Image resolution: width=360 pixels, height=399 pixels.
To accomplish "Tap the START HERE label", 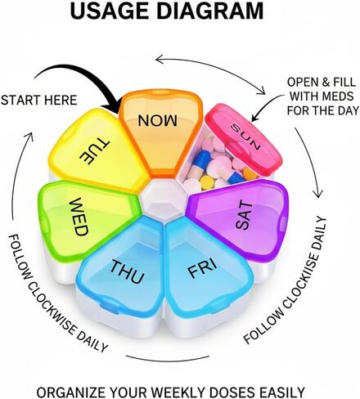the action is [38, 100].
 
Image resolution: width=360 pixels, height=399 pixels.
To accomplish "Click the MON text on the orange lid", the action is [157, 120].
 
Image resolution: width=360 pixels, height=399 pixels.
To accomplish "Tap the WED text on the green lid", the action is [79, 217].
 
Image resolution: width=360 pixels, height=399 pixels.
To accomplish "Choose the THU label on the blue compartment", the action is [127, 271].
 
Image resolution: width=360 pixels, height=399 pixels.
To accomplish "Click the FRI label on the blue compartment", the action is [203, 269].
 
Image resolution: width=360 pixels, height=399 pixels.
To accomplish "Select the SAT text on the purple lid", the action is [244, 216].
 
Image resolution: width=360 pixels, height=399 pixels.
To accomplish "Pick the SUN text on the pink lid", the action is [246, 137].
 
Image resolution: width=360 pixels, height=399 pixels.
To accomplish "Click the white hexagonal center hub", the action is [163, 197].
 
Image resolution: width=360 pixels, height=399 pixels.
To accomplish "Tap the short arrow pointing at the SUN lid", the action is [268, 106].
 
